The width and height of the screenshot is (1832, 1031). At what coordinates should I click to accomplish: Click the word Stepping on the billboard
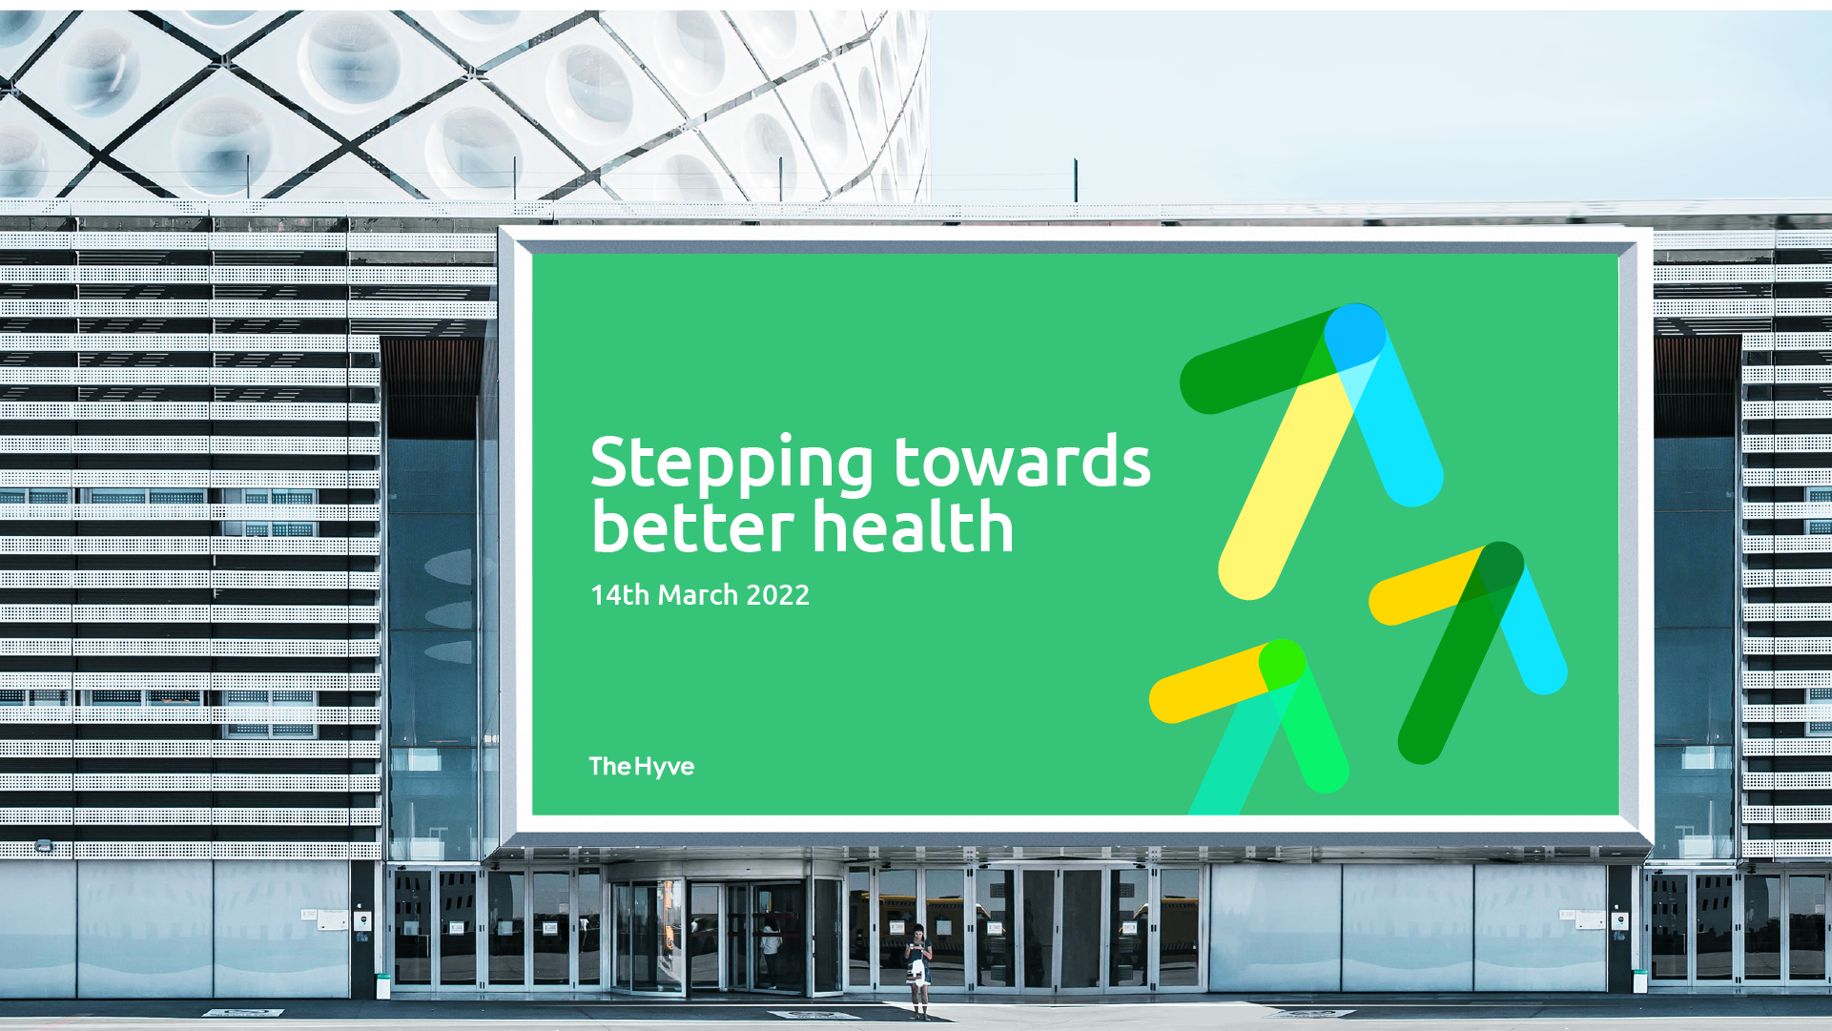click(731, 464)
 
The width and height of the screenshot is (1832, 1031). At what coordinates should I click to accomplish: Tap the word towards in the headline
click(1022, 461)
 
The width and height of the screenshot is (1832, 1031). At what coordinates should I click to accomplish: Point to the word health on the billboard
click(913, 526)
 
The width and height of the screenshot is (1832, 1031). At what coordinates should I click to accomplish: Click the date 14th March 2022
click(700, 594)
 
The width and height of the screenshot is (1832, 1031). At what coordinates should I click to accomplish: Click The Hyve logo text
click(642, 766)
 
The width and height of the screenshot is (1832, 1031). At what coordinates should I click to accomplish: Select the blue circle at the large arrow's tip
click(1355, 334)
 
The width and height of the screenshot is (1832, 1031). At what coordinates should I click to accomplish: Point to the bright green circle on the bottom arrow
click(1282, 663)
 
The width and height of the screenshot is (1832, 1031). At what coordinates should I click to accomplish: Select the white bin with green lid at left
click(383, 985)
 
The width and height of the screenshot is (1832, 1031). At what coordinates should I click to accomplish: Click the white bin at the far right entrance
click(1639, 981)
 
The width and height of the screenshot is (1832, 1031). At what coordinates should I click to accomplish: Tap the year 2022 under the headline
click(777, 595)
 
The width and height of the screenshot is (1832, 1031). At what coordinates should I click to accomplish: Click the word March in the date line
click(698, 594)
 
